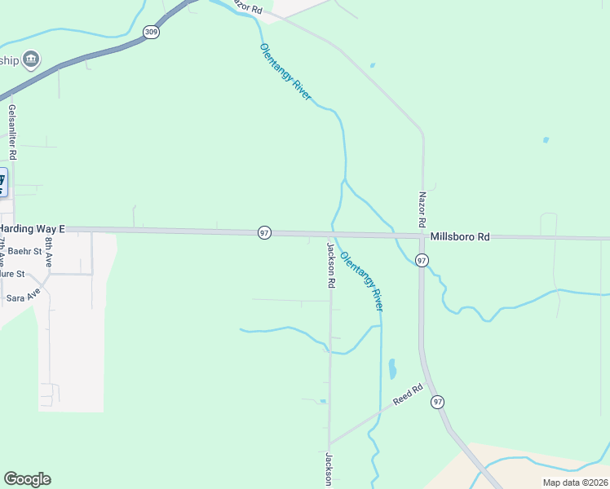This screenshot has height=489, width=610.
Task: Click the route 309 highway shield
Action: [x=150, y=33]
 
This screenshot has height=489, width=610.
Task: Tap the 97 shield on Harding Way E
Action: [x=264, y=233]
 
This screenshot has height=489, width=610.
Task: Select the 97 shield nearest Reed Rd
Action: [x=438, y=402]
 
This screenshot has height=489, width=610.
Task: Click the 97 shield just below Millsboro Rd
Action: [x=421, y=260]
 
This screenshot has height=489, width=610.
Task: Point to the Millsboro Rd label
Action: [x=460, y=237]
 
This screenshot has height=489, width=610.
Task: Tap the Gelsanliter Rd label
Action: [x=12, y=131]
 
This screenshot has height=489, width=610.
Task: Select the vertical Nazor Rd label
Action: [x=422, y=209]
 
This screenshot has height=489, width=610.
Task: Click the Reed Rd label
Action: [x=408, y=395]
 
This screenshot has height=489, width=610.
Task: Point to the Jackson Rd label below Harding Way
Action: [x=331, y=266]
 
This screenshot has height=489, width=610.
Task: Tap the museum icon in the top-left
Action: [x=32, y=59]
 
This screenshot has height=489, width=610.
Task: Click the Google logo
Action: [x=27, y=479]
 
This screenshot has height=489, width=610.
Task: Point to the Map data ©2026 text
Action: [x=574, y=482]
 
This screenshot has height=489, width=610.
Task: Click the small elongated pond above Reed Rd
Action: [x=392, y=368]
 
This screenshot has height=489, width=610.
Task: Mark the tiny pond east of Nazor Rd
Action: [x=546, y=140]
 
